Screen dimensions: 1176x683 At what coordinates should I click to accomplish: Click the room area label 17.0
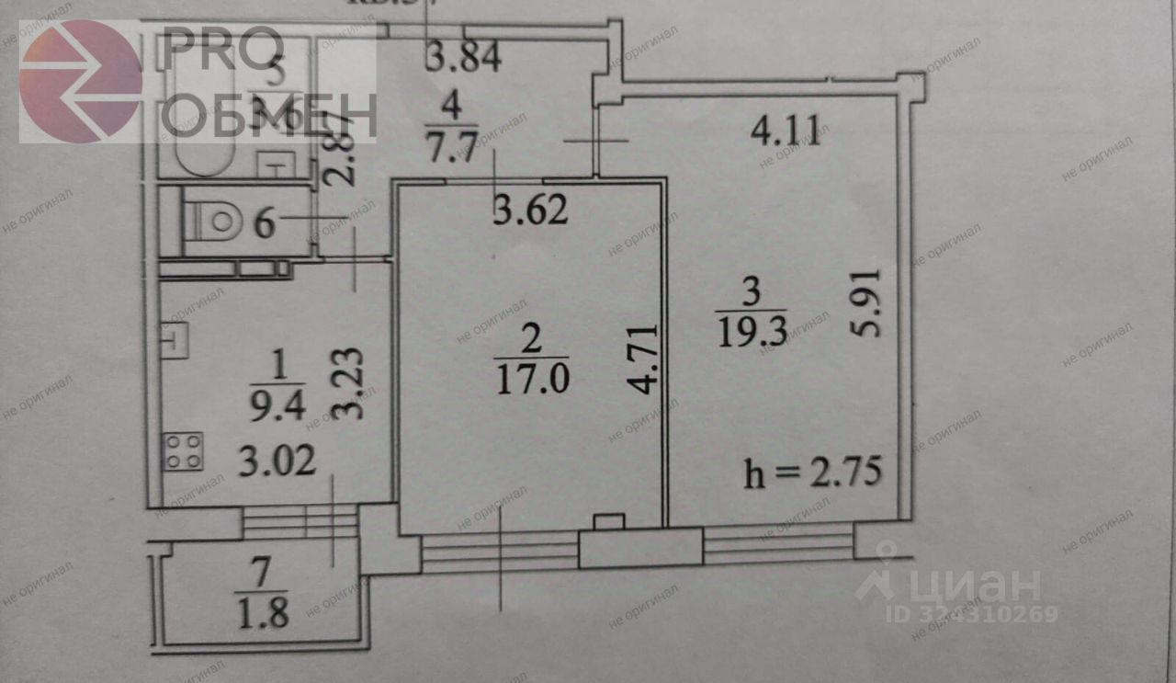(x=530, y=379)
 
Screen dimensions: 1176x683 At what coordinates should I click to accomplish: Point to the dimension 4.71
(x=647, y=359)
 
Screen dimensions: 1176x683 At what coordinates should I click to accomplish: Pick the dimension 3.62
(x=530, y=212)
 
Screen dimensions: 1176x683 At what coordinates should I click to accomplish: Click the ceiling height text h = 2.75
(x=813, y=475)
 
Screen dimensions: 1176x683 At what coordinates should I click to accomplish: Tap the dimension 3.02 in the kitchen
(x=278, y=459)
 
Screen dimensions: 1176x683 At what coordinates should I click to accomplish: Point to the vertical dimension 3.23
(x=347, y=382)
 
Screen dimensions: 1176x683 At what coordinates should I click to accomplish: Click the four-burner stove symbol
(x=183, y=451)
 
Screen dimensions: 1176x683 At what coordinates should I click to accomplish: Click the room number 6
(x=265, y=223)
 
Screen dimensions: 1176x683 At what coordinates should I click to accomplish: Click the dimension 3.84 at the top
(x=463, y=59)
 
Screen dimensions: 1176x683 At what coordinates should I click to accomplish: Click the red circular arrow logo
(x=80, y=81)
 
